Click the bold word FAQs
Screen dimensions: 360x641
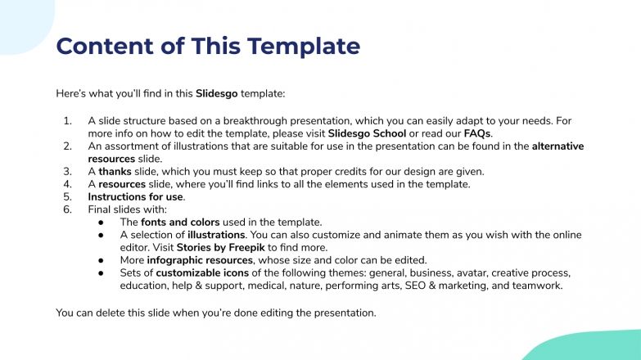[478, 133]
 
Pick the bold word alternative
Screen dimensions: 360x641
[557, 146]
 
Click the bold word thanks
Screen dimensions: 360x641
[115, 172]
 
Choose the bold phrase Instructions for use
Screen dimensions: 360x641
[136, 197]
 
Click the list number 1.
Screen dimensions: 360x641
[67, 121]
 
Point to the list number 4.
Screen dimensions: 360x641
[67, 185]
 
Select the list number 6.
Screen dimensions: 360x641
[67, 210]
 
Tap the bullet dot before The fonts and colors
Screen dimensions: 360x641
[100, 223]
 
